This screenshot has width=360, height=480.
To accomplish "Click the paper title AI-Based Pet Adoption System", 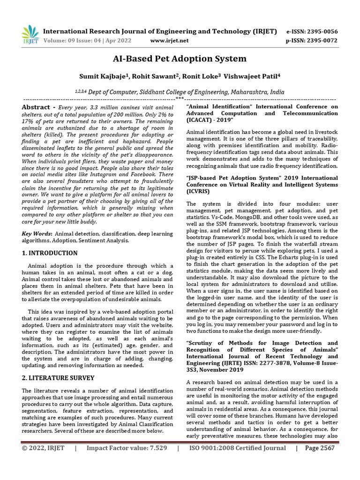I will point(180,59).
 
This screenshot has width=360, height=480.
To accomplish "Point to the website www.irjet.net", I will point(169,40).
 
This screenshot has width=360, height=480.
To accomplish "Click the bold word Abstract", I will point(36,107).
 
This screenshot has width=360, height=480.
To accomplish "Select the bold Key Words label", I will point(37,233).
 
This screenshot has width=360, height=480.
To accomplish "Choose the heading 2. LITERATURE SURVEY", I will point(58,378).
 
